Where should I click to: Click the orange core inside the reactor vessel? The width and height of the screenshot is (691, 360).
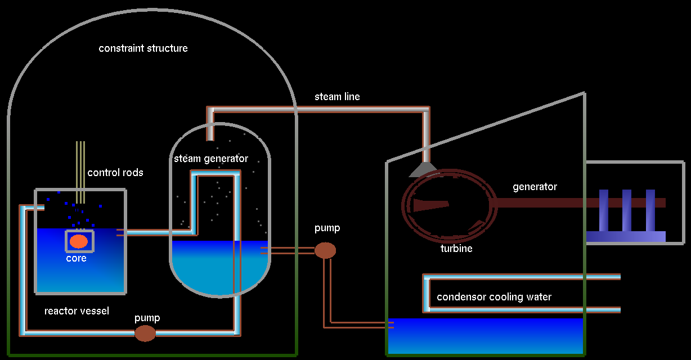coord(78,241)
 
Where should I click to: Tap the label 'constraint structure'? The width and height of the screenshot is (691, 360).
coord(143,48)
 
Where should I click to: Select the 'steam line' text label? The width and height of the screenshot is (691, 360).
coord(337,97)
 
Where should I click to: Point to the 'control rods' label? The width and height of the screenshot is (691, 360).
coord(115,173)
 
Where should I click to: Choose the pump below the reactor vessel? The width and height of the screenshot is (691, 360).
coord(145,333)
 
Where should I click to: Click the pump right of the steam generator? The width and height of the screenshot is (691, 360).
coord(325,250)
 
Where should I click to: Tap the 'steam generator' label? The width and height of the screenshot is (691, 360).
coord(211,159)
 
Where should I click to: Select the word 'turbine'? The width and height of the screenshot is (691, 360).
coord(456,248)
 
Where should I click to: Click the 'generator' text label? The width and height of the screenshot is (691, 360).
coord(535,187)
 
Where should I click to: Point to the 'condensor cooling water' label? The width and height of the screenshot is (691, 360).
coord(494,297)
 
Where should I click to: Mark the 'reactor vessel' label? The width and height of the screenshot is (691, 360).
coord(77,311)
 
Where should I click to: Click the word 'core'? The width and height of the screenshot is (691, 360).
coord(77,259)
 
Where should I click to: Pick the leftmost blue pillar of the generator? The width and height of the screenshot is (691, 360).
coord(604,211)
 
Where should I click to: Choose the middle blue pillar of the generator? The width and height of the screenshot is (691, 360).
coord(627,211)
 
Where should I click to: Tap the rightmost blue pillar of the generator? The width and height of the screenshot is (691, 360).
coord(650,211)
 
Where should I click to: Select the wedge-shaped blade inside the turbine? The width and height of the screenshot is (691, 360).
coord(430,205)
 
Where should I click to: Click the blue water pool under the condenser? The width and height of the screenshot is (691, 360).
coord(485,336)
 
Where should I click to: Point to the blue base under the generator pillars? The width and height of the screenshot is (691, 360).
coord(626,237)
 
